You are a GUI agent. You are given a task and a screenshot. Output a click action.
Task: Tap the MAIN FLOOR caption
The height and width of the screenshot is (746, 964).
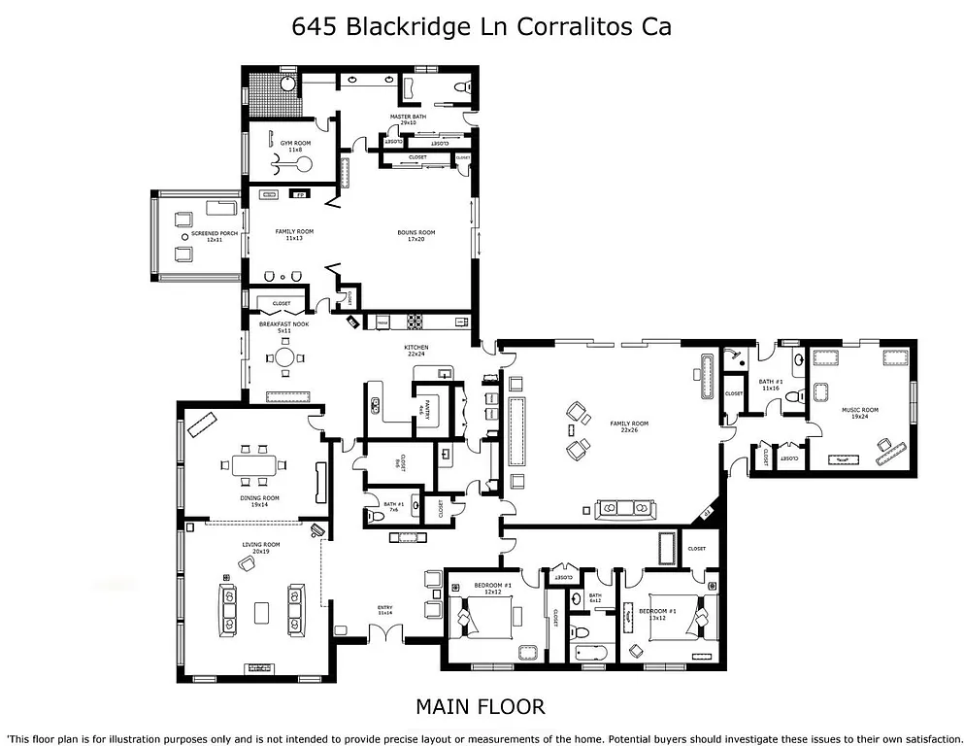click(481, 706)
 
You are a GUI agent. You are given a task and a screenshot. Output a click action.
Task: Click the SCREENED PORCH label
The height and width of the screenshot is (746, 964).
click(215, 236)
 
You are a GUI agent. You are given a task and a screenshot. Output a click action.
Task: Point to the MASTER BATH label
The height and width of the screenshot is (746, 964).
click(408, 119)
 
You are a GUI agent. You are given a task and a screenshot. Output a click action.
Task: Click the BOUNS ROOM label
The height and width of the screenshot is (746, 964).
click(416, 235)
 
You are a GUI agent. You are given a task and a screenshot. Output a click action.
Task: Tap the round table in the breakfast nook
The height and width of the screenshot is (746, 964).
click(283, 356)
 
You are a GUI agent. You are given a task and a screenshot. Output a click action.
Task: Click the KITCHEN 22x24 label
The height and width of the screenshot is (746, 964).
click(416, 351)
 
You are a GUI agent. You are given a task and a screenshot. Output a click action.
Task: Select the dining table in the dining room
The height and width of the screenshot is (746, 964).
click(254, 464)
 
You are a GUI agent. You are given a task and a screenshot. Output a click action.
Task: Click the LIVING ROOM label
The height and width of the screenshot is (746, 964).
click(261, 548)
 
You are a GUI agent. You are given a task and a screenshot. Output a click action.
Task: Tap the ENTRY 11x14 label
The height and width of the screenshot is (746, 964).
click(385, 611)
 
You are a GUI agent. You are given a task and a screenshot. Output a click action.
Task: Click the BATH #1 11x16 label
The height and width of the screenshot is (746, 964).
click(771, 385)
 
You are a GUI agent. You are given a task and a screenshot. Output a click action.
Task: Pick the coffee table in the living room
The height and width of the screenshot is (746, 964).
click(261, 612)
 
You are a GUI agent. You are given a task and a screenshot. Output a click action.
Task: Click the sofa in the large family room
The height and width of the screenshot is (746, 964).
click(626, 507)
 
